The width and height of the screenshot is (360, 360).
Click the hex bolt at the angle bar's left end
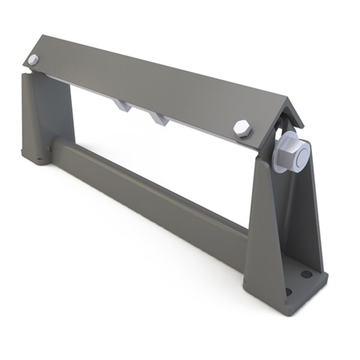(34, 60)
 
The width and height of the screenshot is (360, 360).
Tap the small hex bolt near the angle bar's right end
(243, 128)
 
